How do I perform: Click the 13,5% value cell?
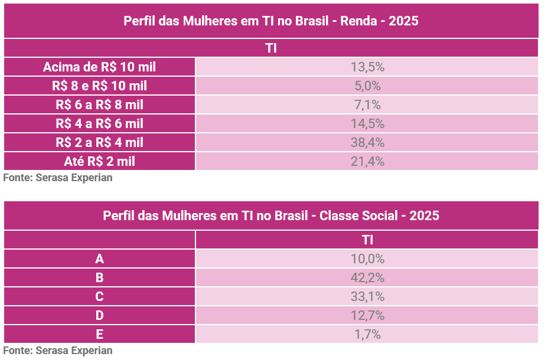367,67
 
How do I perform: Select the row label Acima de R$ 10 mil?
99,67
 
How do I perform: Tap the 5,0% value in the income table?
367,86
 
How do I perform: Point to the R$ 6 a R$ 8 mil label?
99,104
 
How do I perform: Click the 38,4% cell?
367,142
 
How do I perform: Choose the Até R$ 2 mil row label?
99,161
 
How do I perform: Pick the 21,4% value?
367,161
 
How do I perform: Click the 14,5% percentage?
367,123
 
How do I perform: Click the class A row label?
99,258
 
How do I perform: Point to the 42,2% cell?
367,277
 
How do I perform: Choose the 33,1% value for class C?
367,296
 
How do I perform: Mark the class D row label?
99,315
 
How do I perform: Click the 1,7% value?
367,334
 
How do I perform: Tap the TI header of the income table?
271,48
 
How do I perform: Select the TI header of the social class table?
367,240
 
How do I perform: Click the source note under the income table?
57,177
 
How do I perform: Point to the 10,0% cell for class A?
367,258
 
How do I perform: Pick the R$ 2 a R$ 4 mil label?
99,142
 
